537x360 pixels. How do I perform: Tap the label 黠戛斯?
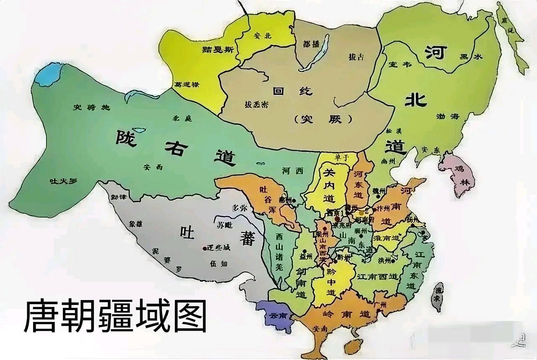coord(218,50)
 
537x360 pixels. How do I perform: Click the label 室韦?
coord(400,65)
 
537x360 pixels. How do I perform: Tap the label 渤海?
coord(448,116)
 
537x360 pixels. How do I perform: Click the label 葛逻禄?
coord(187,84)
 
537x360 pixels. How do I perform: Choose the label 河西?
coord(293,171)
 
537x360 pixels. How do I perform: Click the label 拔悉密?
coord(256,105)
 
